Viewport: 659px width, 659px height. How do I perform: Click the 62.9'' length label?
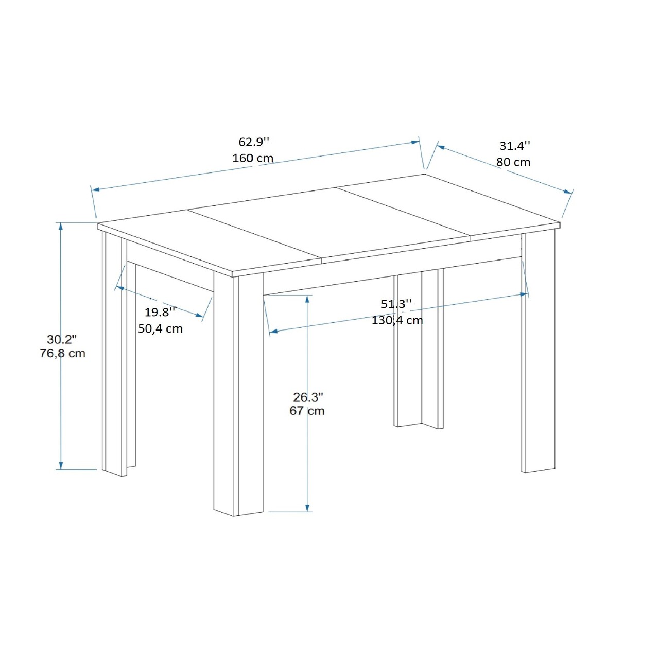pyautogui.click(x=254, y=142)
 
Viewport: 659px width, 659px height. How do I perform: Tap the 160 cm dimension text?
pyautogui.click(x=253, y=158)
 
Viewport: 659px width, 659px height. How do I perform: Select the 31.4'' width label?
pyautogui.click(x=515, y=146)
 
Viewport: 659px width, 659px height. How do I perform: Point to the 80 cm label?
pyautogui.click(x=513, y=162)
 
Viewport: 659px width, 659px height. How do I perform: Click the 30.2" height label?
pyautogui.click(x=62, y=340)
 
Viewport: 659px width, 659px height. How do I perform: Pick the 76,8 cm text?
pyautogui.click(x=62, y=353)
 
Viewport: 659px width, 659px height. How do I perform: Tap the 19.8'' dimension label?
pyautogui.click(x=161, y=312)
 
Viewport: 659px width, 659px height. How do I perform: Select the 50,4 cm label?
pyautogui.click(x=161, y=328)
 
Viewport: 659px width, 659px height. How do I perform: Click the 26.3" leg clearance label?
pyautogui.click(x=308, y=397)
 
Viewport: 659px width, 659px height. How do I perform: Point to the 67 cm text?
pyautogui.click(x=307, y=411)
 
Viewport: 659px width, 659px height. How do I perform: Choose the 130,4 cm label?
pyautogui.click(x=397, y=320)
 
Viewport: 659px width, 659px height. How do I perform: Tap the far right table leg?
pyautogui.click(x=538, y=353)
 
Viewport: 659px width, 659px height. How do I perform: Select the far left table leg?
pyautogui.click(x=115, y=354)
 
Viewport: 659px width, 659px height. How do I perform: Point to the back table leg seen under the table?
pyautogui.click(x=419, y=349)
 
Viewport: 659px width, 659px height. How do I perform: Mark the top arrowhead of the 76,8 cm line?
pyautogui.click(x=61, y=226)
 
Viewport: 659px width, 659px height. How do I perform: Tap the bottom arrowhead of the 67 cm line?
pyautogui.click(x=307, y=508)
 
